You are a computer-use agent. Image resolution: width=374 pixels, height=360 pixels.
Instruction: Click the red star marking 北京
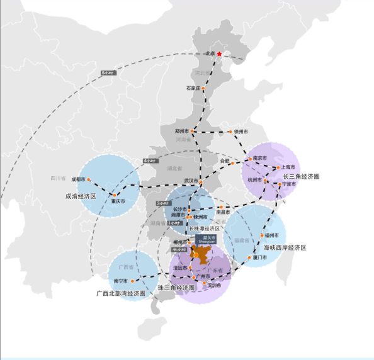(219, 54)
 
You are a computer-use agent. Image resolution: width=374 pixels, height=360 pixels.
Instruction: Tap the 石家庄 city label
(193, 88)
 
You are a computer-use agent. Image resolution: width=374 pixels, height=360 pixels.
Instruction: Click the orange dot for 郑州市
(192, 131)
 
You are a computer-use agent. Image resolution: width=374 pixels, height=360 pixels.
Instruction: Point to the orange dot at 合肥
(232, 163)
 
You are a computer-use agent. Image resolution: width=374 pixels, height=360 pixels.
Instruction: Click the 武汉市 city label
(191, 181)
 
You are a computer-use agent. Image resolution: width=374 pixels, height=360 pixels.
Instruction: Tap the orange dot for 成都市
(89, 180)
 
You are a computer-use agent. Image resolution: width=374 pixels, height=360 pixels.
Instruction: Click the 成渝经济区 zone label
(81, 196)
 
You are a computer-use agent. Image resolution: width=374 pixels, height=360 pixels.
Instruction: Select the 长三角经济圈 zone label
(302, 177)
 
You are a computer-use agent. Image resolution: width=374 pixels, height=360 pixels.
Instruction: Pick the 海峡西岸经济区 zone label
(284, 247)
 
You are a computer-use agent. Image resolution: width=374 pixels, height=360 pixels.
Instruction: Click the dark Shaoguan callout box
(204, 240)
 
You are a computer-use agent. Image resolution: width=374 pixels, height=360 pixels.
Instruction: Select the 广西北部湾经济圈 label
(122, 293)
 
